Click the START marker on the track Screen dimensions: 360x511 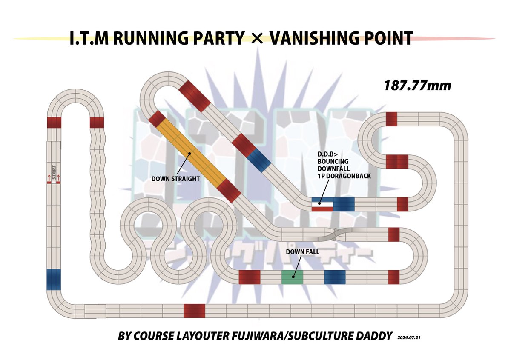click(x=54, y=174)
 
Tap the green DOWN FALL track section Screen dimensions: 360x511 click(x=292, y=277)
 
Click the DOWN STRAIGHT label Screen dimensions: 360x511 click(x=175, y=179)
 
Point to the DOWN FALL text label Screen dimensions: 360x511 click(x=303, y=252)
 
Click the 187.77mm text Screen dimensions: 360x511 click(x=417, y=86)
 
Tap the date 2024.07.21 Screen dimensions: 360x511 click(x=411, y=337)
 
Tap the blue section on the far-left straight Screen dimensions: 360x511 click(x=54, y=279)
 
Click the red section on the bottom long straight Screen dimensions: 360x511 click(x=194, y=311)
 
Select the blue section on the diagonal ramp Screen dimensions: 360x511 click(x=258, y=160)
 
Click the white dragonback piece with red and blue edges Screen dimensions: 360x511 click(x=322, y=205)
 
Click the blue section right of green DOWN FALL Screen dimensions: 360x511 click(x=335, y=277)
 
